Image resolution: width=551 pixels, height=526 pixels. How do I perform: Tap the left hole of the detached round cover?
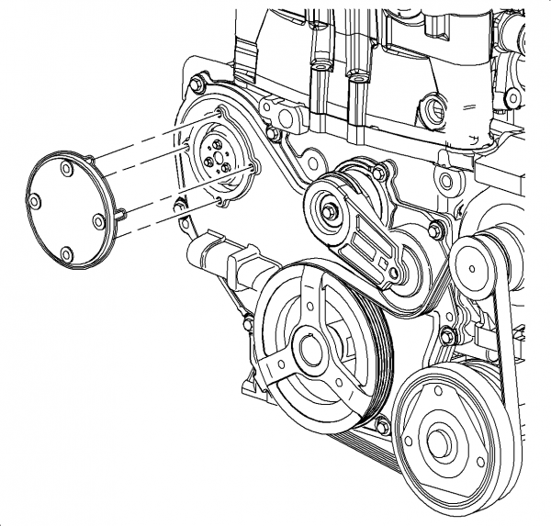36,201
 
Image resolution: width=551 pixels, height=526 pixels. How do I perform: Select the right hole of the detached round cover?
98,220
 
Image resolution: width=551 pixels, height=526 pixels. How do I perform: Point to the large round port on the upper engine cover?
433,112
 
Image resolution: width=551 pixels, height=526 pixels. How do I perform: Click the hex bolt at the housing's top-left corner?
197,86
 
